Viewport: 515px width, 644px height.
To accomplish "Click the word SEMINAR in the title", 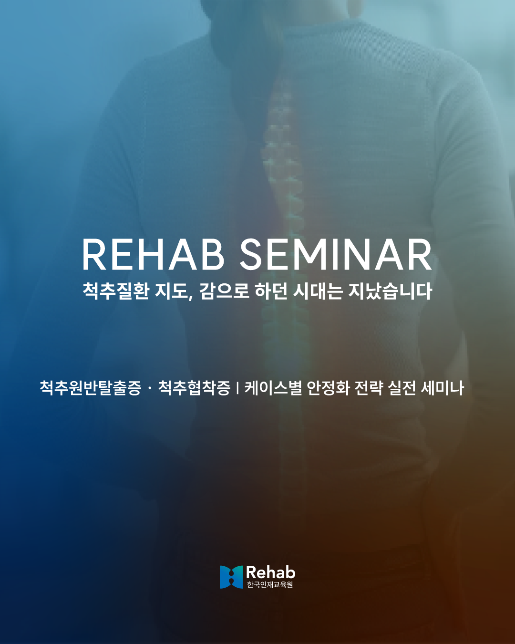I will pyautogui.click(x=335, y=255).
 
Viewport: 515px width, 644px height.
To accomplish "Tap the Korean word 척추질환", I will pyautogui.click(x=116, y=291).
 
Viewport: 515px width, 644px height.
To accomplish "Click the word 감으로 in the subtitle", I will pyautogui.click(x=224, y=291).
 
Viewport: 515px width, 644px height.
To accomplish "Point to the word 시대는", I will pyautogui.click(x=318, y=291).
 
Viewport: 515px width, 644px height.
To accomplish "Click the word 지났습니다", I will pyautogui.click(x=390, y=291).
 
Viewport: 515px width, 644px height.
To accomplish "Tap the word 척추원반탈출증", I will pyautogui.click(x=91, y=387).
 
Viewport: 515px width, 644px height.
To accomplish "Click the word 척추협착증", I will pyautogui.click(x=194, y=387).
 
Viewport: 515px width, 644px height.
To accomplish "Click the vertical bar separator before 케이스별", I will pyautogui.click(x=237, y=388).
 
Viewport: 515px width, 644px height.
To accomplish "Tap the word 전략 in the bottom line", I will pyautogui.click(x=370, y=387).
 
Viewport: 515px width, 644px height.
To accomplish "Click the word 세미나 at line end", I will pyautogui.click(x=442, y=387).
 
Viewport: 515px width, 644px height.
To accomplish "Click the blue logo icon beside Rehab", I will pyautogui.click(x=231, y=577).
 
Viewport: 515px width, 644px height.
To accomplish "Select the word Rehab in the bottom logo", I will pyautogui.click(x=270, y=572).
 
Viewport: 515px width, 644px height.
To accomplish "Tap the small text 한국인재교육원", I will pyautogui.click(x=270, y=585).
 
